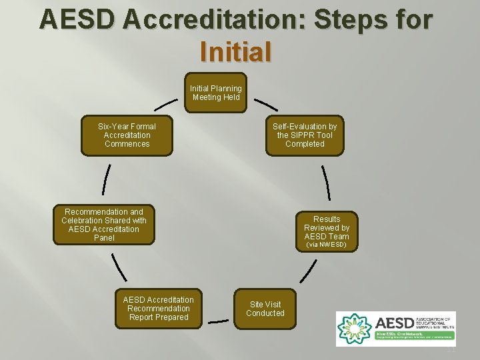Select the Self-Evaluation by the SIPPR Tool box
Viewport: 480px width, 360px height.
tap(305, 135)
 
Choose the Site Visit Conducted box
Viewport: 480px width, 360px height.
tap(265, 309)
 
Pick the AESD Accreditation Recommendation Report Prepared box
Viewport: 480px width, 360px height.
tap(159, 309)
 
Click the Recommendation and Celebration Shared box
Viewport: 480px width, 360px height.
tap(104, 225)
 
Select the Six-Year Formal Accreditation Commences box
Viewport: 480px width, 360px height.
tap(127, 135)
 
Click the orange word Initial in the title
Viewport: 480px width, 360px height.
tap(236, 51)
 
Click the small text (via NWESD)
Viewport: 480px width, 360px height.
tap(326, 245)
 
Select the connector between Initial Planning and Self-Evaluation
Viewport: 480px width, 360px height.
tap(266, 105)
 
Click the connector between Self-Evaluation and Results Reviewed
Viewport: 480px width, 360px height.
tap(325, 181)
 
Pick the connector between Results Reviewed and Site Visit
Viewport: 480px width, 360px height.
tap(308, 270)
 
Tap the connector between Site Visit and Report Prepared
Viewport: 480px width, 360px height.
tap(218, 322)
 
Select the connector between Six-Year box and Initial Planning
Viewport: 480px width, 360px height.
tap(166, 105)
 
